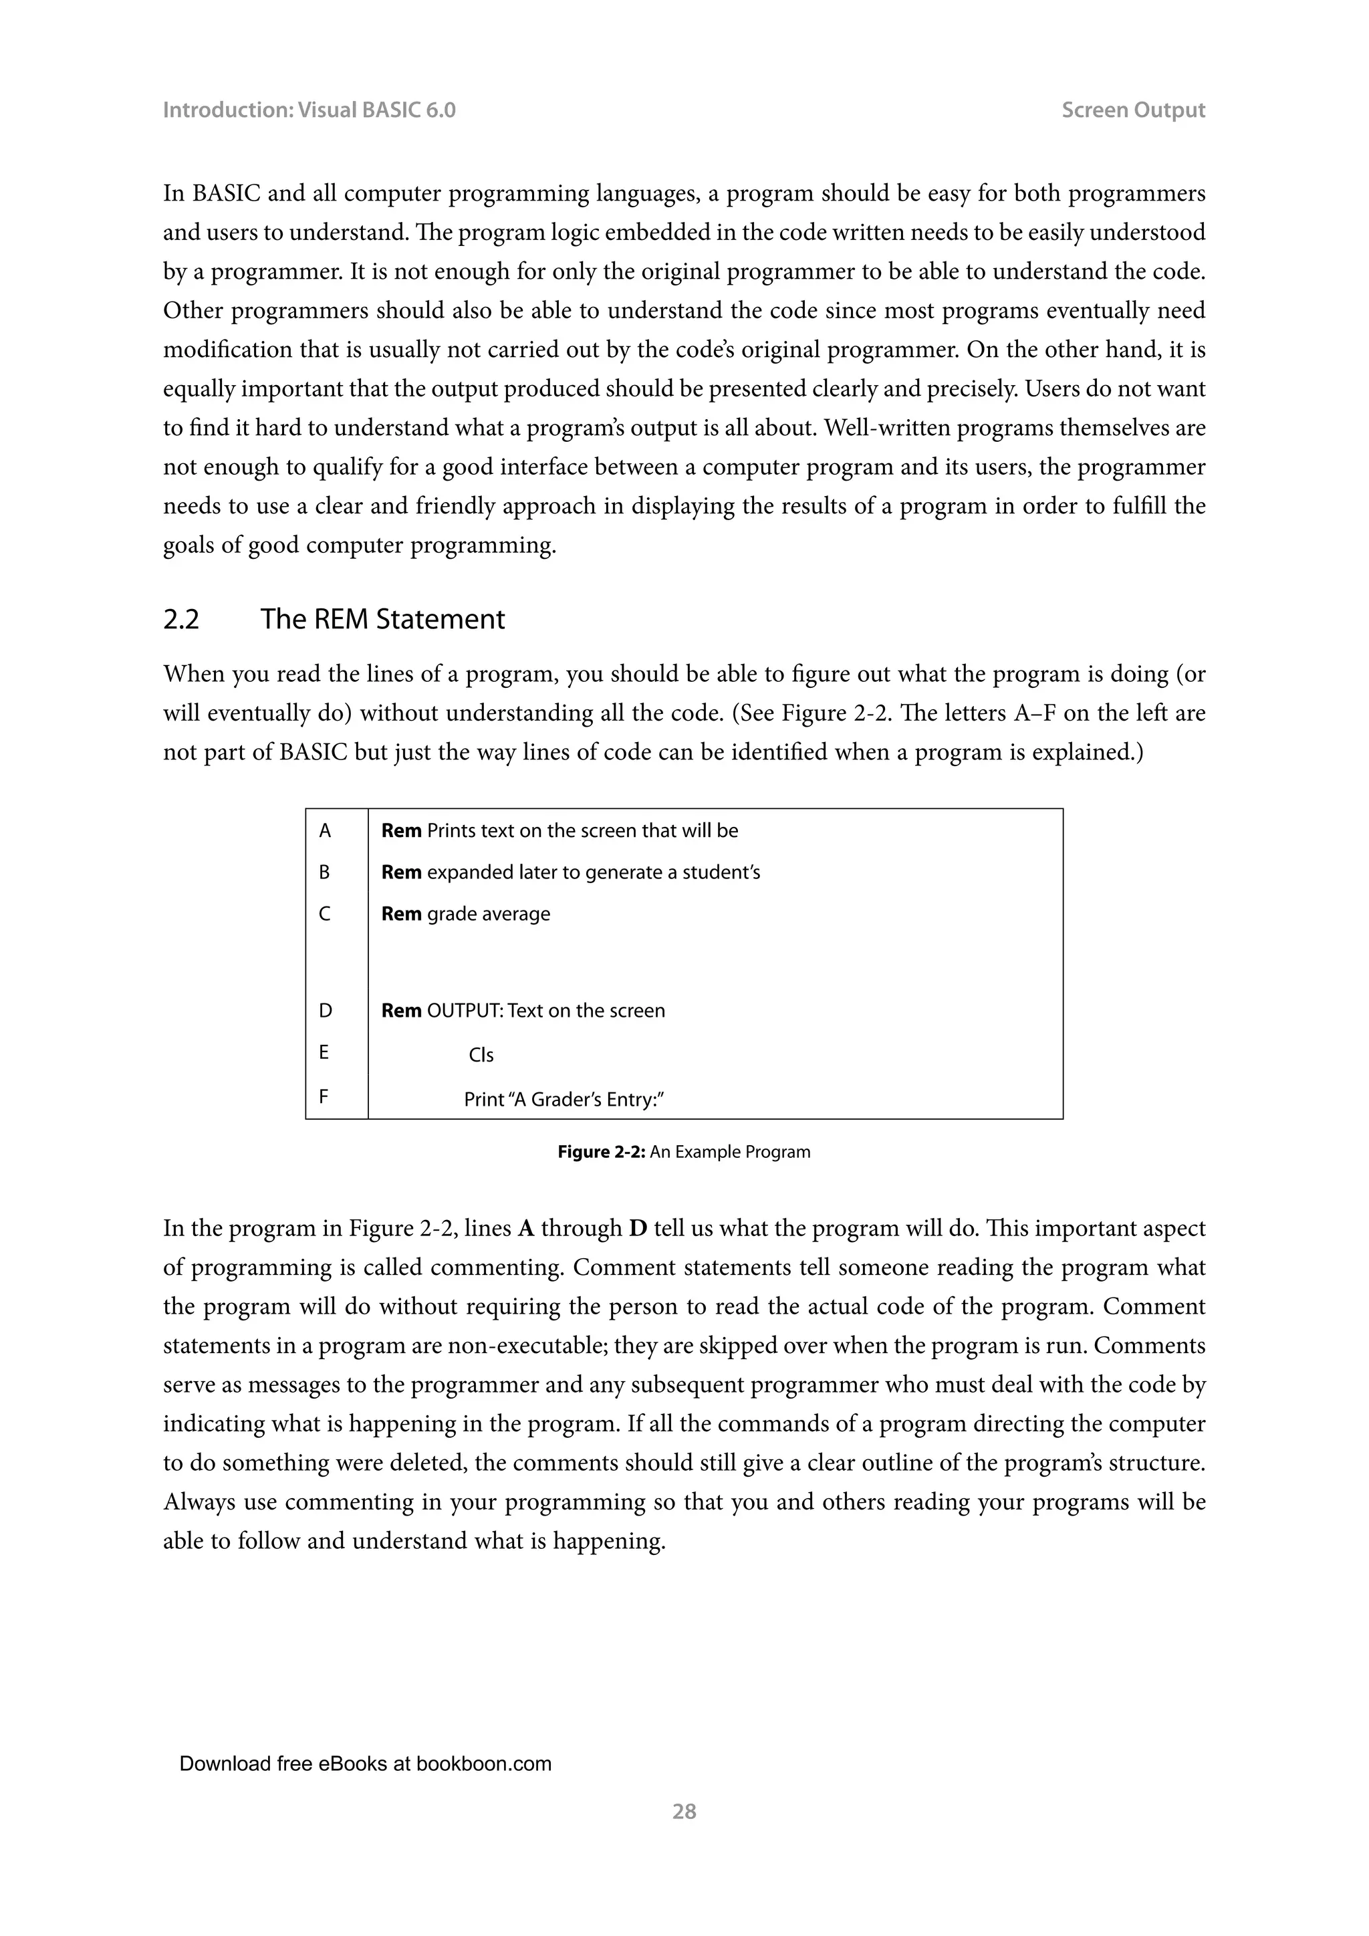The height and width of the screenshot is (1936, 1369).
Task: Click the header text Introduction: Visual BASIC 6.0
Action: (309, 110)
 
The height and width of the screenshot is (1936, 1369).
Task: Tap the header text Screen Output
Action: (1132, 110)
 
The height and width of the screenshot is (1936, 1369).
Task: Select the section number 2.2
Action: (181, 619)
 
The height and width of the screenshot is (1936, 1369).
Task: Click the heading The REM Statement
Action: (382, 619)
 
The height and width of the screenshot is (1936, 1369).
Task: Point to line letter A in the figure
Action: (325, 832)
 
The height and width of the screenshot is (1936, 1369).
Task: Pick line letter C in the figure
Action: (325, 914)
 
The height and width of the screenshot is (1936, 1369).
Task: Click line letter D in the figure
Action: (325, 1011)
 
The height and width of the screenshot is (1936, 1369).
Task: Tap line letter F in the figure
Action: (324, 1098)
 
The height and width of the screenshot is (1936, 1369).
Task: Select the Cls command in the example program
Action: (481, 1056)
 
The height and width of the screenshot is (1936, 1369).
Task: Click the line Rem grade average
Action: (465, 914)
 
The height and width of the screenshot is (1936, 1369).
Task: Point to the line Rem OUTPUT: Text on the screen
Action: (523, 1011)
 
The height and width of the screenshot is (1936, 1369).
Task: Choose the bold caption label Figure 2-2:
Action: (601, 1153)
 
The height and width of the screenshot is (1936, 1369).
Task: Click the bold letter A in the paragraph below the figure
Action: (526, 1229)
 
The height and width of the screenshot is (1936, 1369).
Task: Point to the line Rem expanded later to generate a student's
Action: (571, 872)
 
